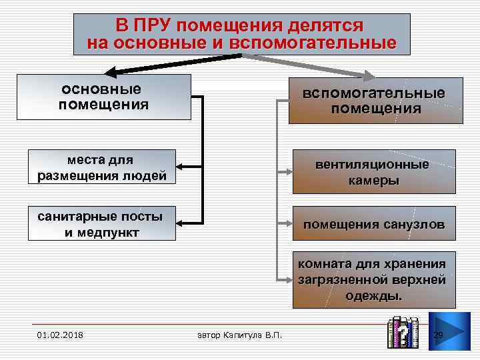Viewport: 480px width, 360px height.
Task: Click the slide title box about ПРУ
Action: [241, 34]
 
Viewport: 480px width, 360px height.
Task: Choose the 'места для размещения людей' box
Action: [102, 167]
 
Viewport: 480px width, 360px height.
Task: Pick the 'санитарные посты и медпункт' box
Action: [102, 223]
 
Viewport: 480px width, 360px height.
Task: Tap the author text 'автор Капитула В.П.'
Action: [240, 333]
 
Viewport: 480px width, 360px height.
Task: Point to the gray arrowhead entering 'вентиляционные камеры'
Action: [285, 171]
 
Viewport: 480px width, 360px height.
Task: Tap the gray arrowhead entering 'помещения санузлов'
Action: [285, 224]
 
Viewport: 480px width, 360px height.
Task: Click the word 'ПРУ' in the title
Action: [155, 26]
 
